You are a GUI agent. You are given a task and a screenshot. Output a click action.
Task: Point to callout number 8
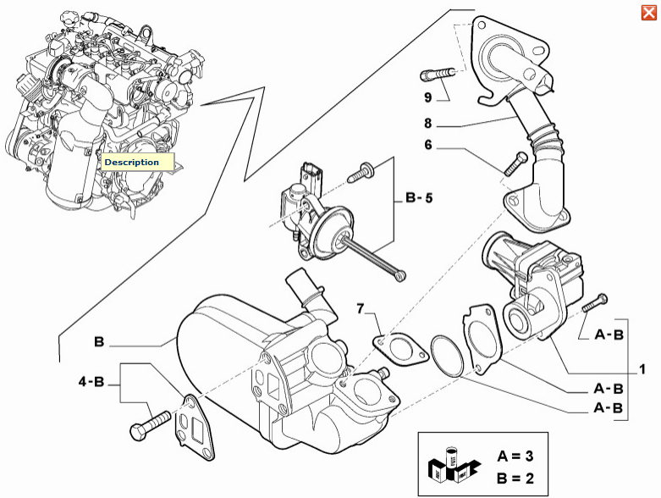coord(429,122)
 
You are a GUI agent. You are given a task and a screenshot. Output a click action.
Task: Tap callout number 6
coord(429,145)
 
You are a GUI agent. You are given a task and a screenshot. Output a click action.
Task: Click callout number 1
coord(642,369)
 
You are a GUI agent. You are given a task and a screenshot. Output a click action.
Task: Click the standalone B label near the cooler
coord(99,343)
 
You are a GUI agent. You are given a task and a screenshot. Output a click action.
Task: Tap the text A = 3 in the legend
coord(515,456)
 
